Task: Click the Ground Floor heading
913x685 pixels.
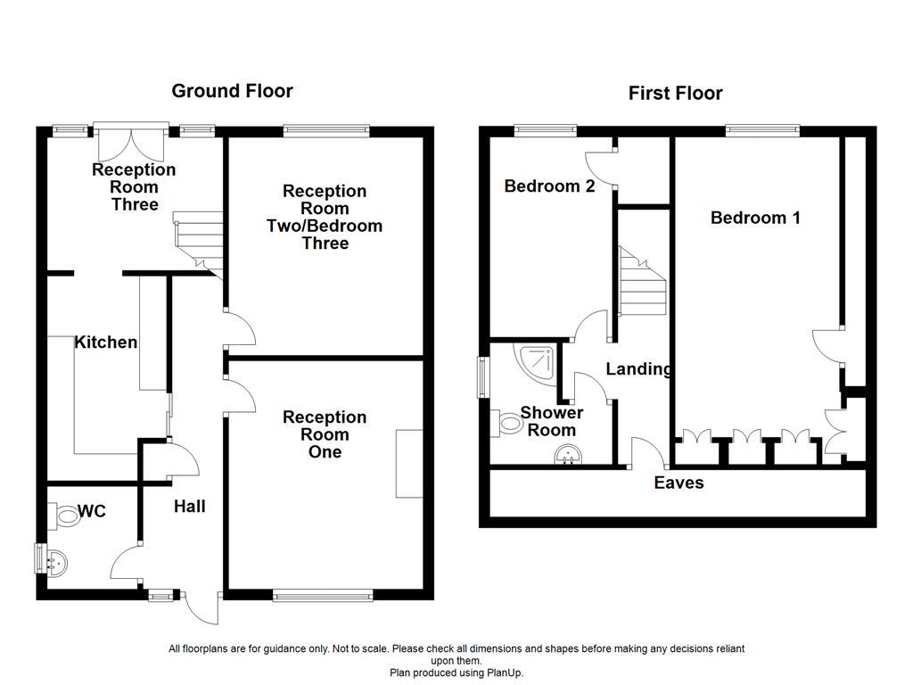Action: [x=232, y=90]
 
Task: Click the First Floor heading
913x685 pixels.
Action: [x=675, y=93]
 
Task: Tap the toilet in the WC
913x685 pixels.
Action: [x=67, y=515]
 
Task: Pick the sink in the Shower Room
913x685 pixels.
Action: [x=568, y=458]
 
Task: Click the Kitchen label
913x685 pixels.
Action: [x=105, y=342]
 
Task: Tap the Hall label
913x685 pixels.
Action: [x=189, y=506]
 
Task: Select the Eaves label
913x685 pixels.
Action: [x=679, y=483]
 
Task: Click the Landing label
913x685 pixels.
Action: [x=638, y=368]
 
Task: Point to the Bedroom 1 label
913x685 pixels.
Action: [x=755, y=217]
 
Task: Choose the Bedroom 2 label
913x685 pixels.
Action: [x=549, y=186]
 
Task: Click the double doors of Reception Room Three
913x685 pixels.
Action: [x=131, y=143]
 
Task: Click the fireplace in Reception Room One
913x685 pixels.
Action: [x=409, y=463]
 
